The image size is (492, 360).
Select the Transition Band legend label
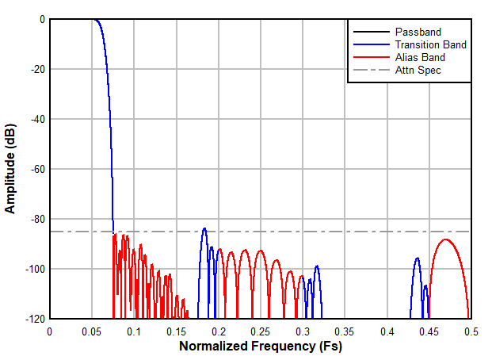430,44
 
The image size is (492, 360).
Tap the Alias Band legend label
420,57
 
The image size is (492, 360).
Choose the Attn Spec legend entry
418,70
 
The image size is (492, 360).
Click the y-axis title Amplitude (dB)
11,169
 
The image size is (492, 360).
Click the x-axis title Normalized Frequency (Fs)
261,347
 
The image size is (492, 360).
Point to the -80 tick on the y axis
36,219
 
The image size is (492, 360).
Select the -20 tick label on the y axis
36,69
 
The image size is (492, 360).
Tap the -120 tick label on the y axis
34,319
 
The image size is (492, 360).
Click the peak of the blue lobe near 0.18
204,228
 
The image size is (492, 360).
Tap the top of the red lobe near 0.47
446,239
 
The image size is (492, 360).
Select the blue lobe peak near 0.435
418,258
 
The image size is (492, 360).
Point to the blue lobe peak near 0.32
317,266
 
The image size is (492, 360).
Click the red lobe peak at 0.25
261,250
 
